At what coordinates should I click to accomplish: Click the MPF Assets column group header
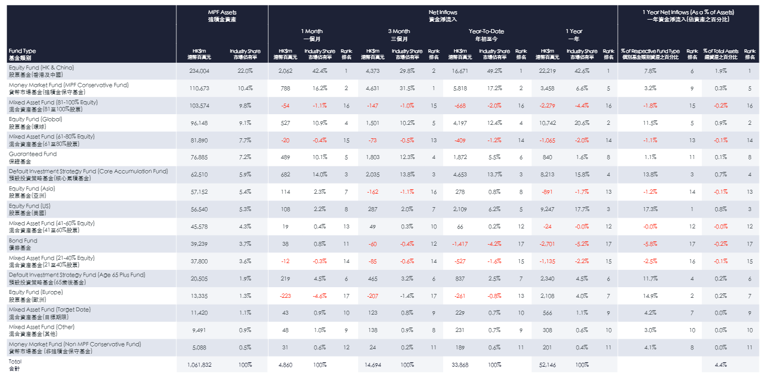tap(222, 15)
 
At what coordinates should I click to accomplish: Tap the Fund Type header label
tap(22, 54)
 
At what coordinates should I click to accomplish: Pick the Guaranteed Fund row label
tap(32, 157)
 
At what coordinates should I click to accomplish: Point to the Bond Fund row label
tap(23, 244)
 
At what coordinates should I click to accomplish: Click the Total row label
tap(15, 364)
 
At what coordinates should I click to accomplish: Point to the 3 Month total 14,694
tap(373, 364)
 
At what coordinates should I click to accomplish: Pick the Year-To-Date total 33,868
tap(460, 364)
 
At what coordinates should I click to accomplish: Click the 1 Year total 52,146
tap(547, 364)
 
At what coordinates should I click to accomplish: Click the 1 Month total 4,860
tap(285, 364)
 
